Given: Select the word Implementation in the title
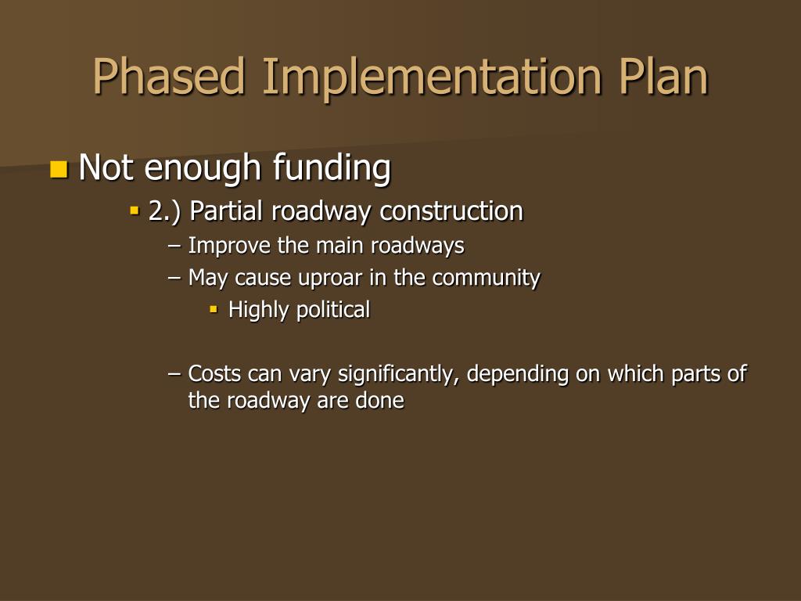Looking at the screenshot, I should pyautogui.click(x=434, y=77).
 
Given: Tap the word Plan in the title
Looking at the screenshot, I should pyautogui.click(x=663, y=77).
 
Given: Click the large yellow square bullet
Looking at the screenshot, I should pyautogui.click(x=59, y=169).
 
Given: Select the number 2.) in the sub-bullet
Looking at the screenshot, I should pyautogui.click(x=166, y=211).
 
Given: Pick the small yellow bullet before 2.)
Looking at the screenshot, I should pyautogui.click(x=135, y=211).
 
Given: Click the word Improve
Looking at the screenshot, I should pyautogui.click(x=228, y=246).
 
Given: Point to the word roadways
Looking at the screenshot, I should pyautogui.click(x=417, y=246).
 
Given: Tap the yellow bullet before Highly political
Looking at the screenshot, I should pyautogui.click(x=213, y=310).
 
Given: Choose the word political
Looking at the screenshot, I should pyautogui.click(x=333, y=310).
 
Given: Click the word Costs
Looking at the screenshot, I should pyautogui.click(x=214, y=374).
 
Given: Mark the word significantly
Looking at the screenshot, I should pyautogui.click(x=398, y=374).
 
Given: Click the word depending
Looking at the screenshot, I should pyautogui.click(x=517, y=374).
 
